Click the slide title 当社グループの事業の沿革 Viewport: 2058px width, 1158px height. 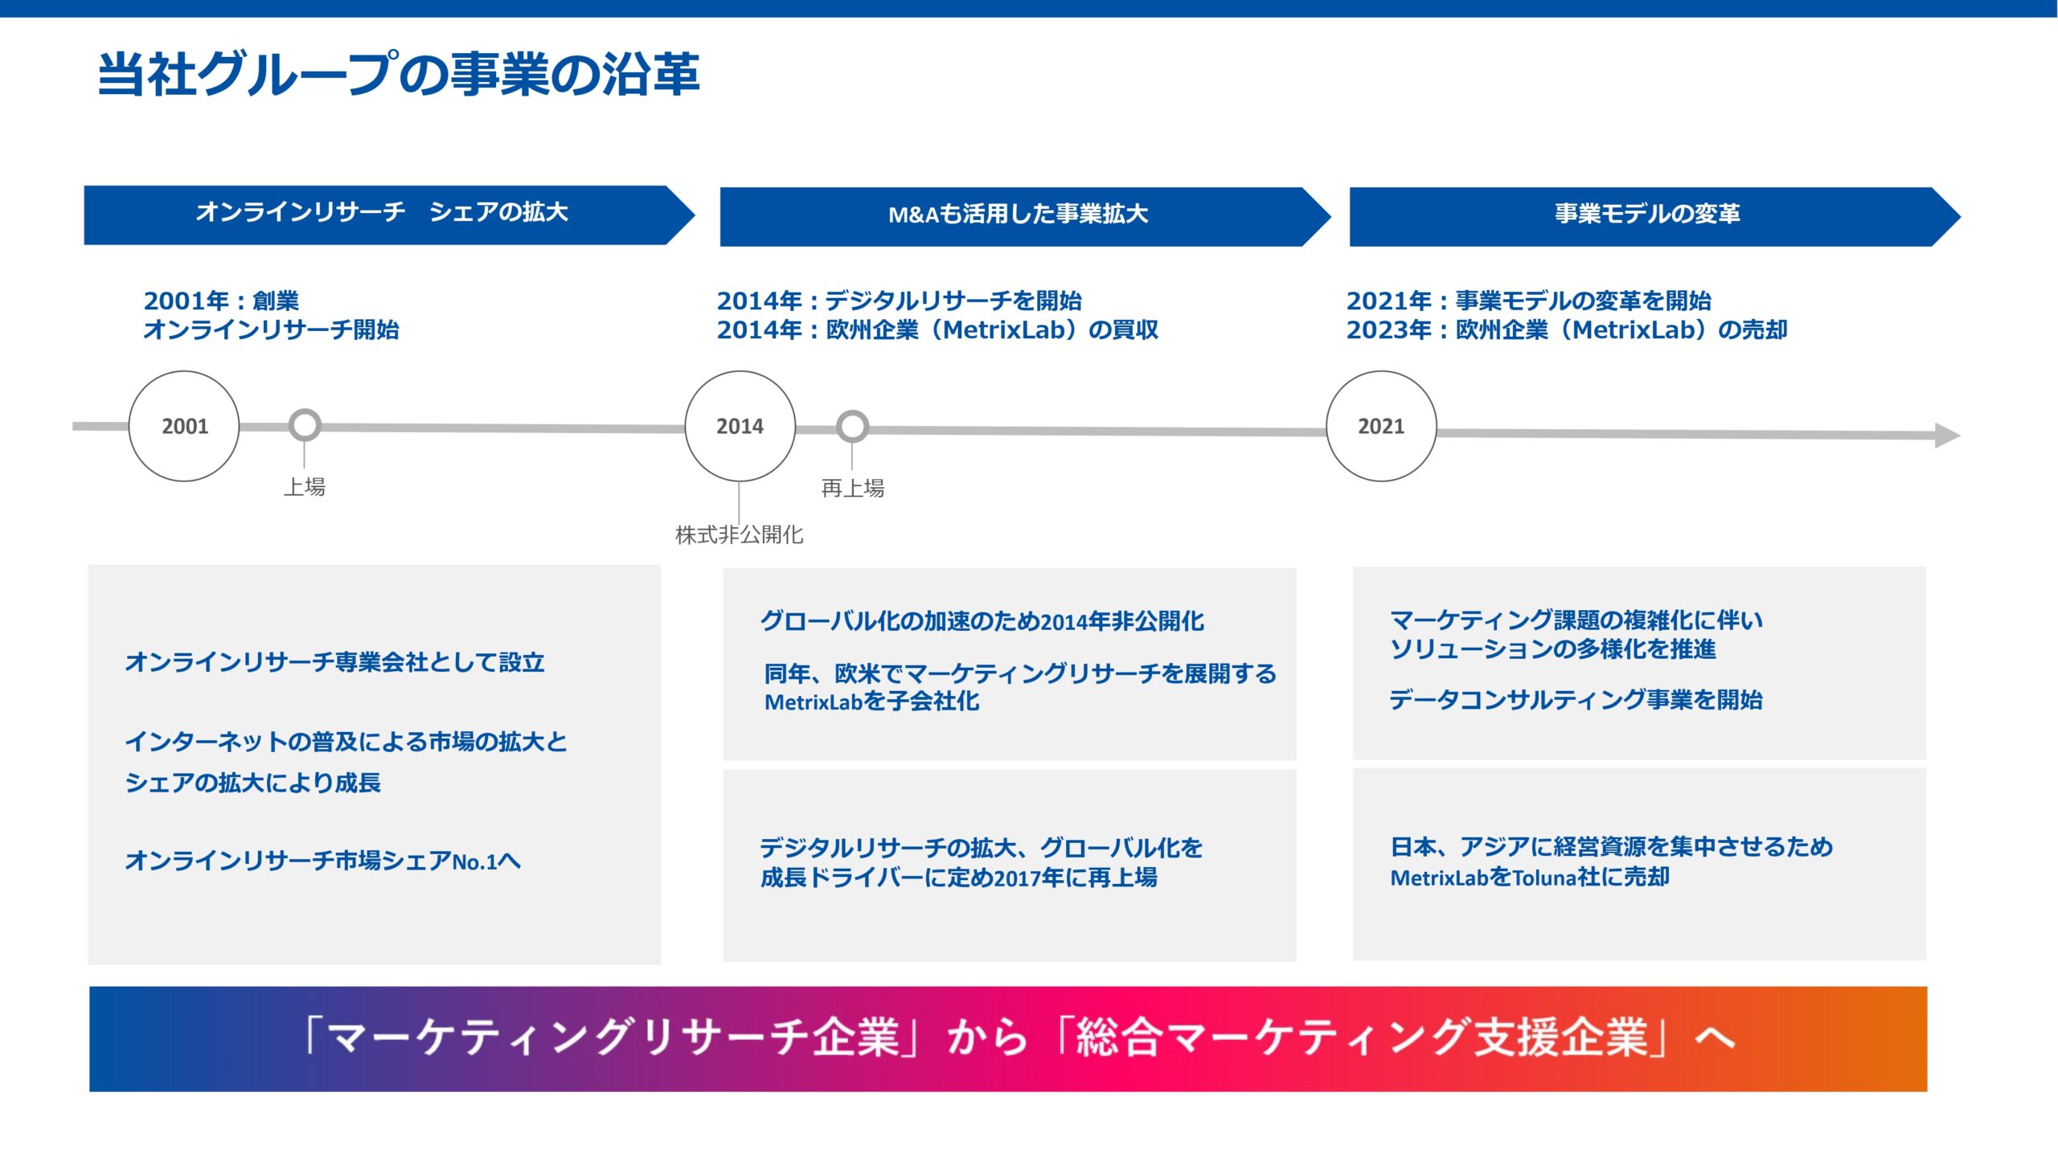click(398, 75)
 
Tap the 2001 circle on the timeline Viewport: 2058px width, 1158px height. click(184, 426)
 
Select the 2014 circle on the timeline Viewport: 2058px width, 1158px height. click(740, 426)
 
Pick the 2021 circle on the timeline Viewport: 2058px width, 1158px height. click(1380, 426)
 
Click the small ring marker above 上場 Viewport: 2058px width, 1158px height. click(305, 425)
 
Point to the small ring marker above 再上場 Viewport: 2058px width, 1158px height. click(852, 427)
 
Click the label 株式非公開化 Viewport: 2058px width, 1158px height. click(739, 534)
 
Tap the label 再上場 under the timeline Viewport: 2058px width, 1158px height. click(852, 488)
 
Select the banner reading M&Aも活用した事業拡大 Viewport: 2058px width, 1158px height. click(1018, 215)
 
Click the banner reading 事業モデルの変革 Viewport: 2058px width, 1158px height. click(1646, 215)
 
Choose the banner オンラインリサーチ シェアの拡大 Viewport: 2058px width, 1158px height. click(382, 213)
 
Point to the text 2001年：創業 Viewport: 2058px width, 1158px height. click(221, 301)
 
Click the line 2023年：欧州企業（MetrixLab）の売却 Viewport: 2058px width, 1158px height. click(1566, 329)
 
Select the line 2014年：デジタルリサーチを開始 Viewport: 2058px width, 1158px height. click(899, 301)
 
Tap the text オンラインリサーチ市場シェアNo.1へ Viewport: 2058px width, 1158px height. click(322, 861)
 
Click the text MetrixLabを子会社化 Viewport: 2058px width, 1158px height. click(871, 702)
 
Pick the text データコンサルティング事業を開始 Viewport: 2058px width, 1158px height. click(1576, 699)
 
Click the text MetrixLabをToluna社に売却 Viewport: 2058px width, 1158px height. click(1530, 877)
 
